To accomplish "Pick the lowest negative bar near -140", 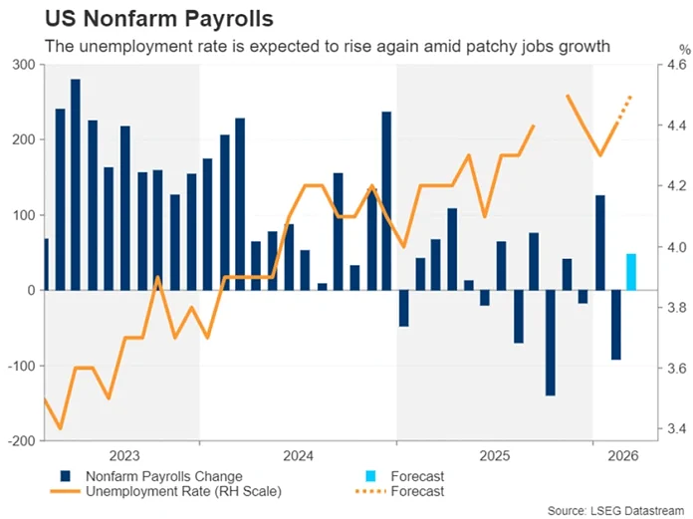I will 550,343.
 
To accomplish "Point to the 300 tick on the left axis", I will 23,65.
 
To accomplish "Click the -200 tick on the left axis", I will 21,440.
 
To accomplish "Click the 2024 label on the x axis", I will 298,455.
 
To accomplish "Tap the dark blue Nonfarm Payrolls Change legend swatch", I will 66,476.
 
